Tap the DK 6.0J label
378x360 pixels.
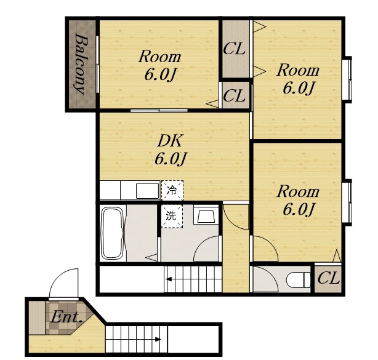[170, 150]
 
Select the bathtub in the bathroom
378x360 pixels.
[113, 233]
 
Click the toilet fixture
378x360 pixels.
[299, 280]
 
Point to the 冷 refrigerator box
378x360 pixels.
[172, 190]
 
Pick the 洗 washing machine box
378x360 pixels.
[172, 216]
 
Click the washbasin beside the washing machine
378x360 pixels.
[206, 215]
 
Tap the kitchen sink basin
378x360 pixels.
[147, 191]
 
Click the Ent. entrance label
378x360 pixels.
[66, 317]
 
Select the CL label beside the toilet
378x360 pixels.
[329, 279]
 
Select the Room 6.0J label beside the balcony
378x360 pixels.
[159, 66]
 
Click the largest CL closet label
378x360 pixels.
[235, 49]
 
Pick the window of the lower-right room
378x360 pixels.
[347, 202]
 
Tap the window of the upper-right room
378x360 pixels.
[347, 79]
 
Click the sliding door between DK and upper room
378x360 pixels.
[159, 110]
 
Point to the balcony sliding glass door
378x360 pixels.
[97, 64]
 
